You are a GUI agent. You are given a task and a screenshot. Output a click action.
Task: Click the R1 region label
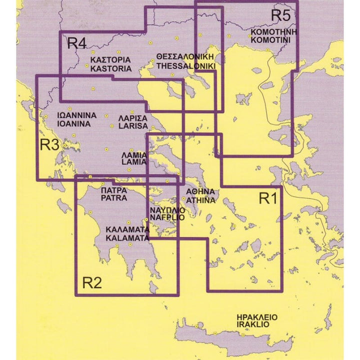click(x=267, y=198)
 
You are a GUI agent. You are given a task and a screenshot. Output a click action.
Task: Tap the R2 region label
click(x=92, y=283)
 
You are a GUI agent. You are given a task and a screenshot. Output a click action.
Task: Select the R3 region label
click(x=50, y=145)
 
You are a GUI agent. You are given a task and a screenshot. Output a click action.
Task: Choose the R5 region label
click(x=280, y=15)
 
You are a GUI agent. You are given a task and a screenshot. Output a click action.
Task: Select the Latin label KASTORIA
click(x=111, y=68)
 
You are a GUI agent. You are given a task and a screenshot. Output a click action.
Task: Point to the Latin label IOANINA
click(x=74, y=123)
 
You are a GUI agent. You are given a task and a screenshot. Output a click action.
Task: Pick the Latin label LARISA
click(x=133, y=126)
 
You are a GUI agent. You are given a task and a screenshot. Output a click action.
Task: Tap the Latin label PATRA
click(x=114, y=198)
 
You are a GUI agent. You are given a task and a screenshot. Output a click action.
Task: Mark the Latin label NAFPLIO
click(x=166, y=218)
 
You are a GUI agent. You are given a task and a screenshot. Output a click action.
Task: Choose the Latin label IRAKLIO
click(x=253, y=324)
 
